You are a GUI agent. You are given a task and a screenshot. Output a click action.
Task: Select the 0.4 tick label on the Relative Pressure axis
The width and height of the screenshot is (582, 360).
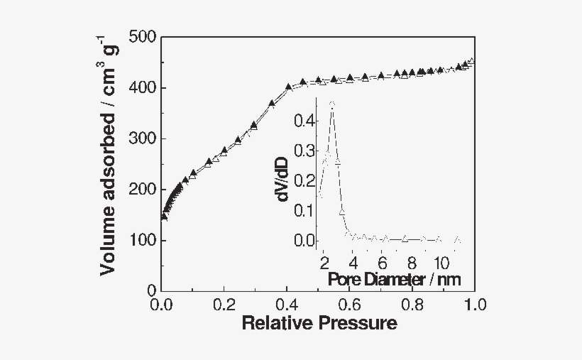tap(287, 305)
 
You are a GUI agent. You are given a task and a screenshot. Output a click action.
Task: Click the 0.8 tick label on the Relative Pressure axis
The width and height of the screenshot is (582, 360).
tap(412, 305)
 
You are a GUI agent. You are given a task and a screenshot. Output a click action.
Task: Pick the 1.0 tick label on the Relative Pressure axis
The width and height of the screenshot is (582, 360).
tap(474, 305)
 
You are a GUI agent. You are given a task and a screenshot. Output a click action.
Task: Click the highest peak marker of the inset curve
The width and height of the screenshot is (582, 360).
tap(331, 104)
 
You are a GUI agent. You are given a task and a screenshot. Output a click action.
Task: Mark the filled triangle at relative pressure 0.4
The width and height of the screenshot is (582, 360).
tap(288, 87)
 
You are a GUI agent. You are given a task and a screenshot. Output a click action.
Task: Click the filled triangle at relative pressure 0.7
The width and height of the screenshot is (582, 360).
tap(381, 75)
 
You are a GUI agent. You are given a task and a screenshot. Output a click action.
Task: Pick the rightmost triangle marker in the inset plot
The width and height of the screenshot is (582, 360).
tap(457, 239)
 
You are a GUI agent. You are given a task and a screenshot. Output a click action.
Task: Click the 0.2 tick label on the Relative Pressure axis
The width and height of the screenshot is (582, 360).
tap(224, 305)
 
